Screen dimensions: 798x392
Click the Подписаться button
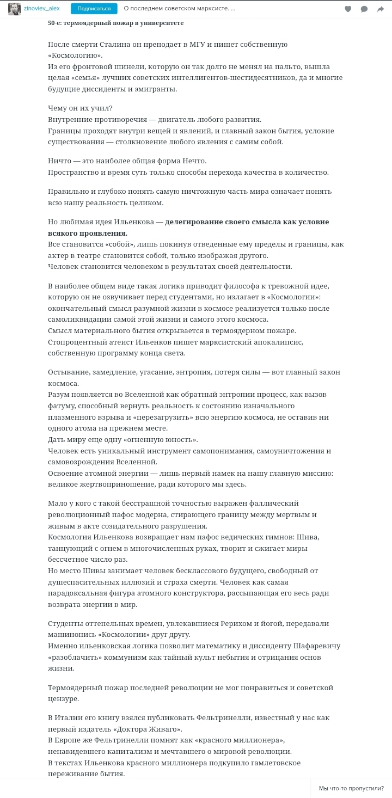click(x=94, y=9)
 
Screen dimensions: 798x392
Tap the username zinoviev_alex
click(x=42, y=9)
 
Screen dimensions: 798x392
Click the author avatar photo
click(x=14, y=9)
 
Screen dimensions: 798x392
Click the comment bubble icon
click(x=364, y=9)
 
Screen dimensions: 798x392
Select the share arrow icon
click(x=381, y=9)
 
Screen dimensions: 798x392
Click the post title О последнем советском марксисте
click(x=179, y=9)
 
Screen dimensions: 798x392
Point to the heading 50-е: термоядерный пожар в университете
click(x=115, y=23)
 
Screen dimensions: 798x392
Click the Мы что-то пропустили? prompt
click(x=351, y=788)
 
